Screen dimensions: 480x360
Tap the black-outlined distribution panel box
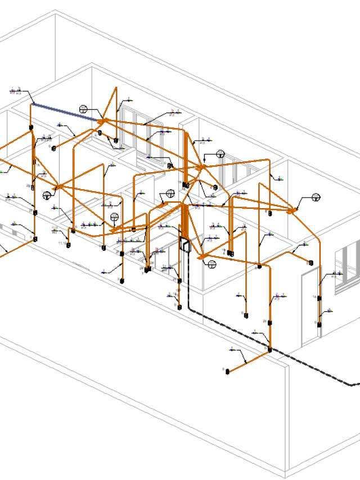[184, 244]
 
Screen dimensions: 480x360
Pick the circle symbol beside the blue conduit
[84, 109]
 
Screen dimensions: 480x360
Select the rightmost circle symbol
[316, 198]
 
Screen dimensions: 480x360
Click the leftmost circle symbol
[47, 195]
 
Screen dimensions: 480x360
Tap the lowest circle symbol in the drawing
[212, 263]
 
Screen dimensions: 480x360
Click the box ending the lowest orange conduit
[228, 370]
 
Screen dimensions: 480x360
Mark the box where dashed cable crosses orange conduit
[269, 350]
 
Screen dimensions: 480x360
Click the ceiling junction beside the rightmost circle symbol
[292, 210]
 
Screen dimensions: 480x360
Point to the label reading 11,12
[61, 243]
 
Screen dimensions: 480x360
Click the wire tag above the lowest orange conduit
[232, 349]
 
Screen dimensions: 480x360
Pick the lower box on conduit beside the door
[318, 324]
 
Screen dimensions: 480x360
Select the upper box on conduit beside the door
[319, 298]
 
